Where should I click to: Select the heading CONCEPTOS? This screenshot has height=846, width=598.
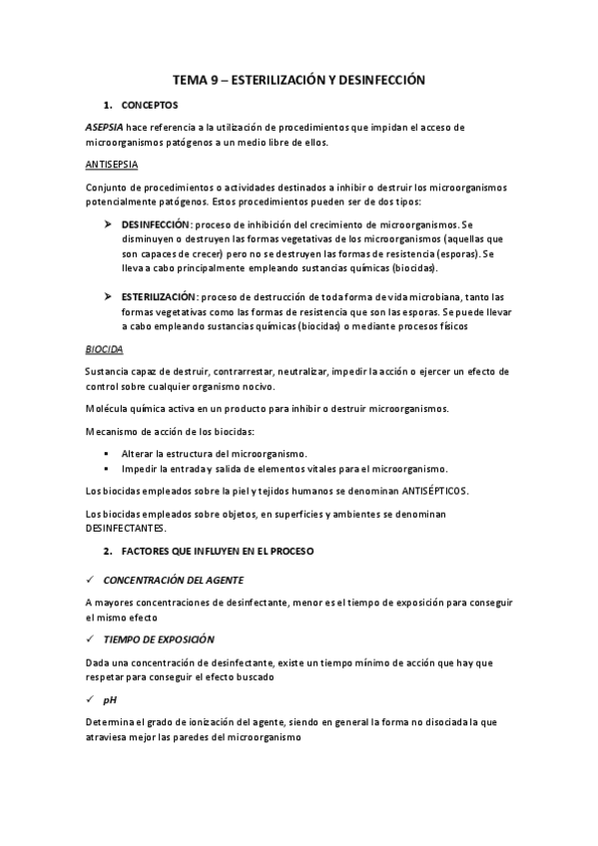point(150,105)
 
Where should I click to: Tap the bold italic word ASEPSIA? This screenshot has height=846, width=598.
point(103,128)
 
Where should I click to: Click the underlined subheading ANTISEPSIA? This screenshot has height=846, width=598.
point(112,164)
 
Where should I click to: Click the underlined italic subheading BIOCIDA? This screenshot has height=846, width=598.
point(105,350)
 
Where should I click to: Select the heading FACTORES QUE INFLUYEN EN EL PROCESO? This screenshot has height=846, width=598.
point(233,551)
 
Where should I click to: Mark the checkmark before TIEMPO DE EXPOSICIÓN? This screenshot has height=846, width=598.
point(91,638)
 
